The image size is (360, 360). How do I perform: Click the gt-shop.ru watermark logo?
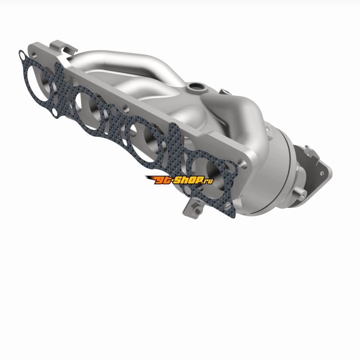(179, 180)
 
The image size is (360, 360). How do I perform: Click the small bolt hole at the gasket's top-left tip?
(23, 55)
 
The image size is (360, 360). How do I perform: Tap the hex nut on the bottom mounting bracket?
(197, 210)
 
